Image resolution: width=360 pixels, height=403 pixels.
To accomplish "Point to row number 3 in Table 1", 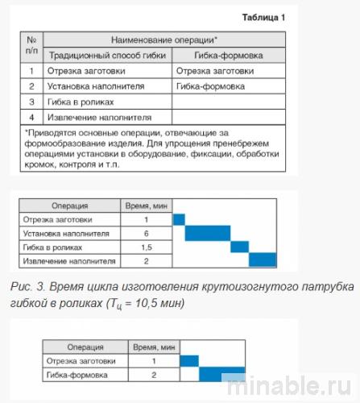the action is point(31,102).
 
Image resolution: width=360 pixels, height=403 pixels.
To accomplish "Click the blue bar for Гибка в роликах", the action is point(241,247).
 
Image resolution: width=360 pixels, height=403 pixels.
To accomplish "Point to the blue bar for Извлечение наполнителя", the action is point(263,260).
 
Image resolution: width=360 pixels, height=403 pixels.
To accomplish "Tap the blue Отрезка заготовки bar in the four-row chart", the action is point(180,219).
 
